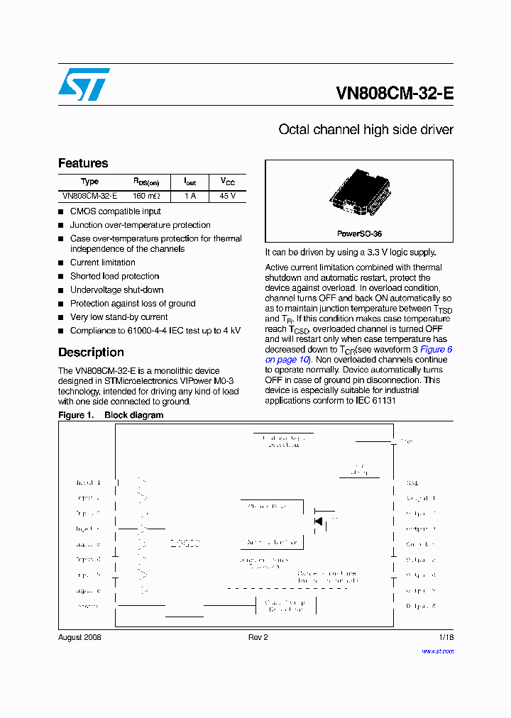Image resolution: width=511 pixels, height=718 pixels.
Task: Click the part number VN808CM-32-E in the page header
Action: click(x=394, y=94)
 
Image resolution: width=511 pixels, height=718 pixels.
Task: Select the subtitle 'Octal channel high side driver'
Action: click(x=366, y=130)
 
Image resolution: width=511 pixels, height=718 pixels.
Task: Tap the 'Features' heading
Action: click(x=83, y=163)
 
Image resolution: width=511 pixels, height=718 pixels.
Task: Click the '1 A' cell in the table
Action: click(x=189, y=196)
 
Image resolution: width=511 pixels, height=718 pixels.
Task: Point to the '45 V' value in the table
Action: click(x=227, y=196)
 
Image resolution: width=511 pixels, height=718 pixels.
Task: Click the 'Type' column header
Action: click(x=89, y=182)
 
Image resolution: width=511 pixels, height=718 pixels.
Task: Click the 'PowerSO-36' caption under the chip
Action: click(x=359, y=233)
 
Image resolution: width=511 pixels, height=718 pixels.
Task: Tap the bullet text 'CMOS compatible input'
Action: click(x=115, y=211)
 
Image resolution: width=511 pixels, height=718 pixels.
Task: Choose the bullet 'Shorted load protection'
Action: click(x=114, y=276)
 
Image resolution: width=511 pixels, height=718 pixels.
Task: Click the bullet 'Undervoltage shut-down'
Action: click(x=116, y=289)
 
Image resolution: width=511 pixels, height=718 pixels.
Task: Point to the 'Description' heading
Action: click(x=91, y=353)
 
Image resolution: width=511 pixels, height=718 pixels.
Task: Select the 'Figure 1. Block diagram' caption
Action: click(x=111, y=415)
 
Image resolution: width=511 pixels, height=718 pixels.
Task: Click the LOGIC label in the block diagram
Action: click(x=185, y=543)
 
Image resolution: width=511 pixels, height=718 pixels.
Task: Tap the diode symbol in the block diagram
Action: click(x=318, y=521)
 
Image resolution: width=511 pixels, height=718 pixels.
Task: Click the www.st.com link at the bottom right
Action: click(x=437, y=651)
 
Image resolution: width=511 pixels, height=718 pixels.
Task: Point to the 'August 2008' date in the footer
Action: click(x=79, y=637)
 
